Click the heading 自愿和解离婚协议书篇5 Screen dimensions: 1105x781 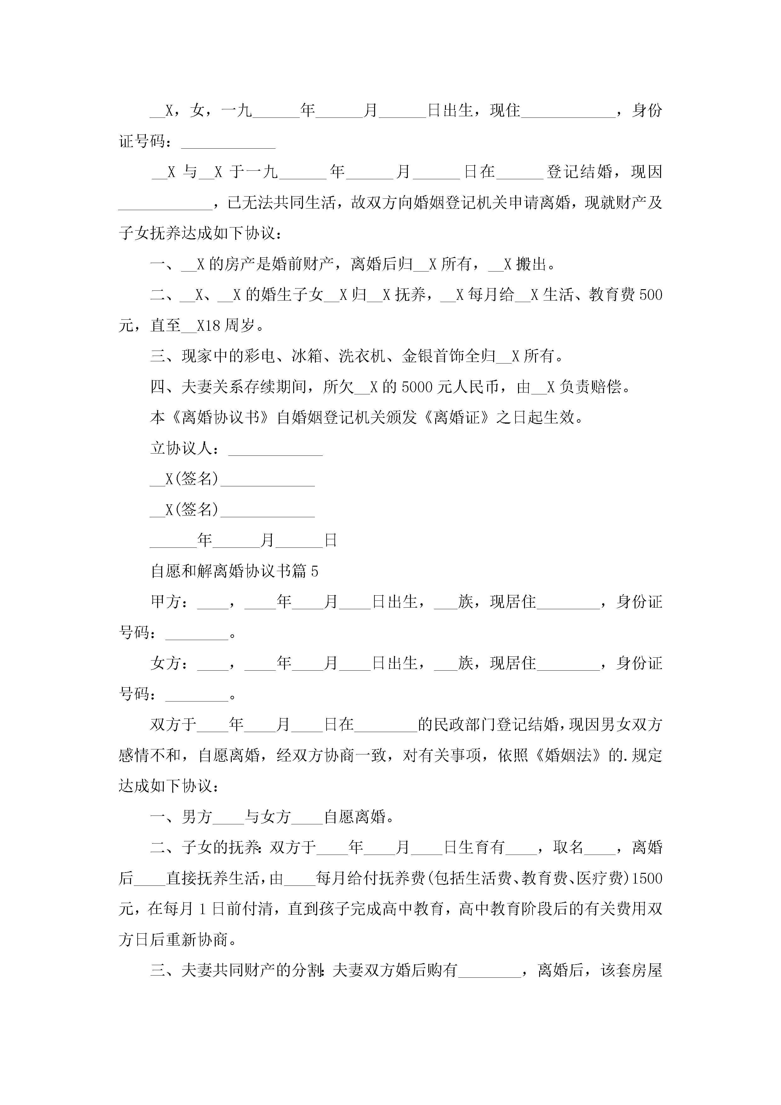tap(234, 571)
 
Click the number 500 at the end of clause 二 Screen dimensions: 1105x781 tap(651, 295)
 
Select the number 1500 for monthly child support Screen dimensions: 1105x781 tap(647, 878)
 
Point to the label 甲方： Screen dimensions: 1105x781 tap(169, 602)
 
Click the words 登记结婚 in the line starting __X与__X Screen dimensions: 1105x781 tap(580, 172)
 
